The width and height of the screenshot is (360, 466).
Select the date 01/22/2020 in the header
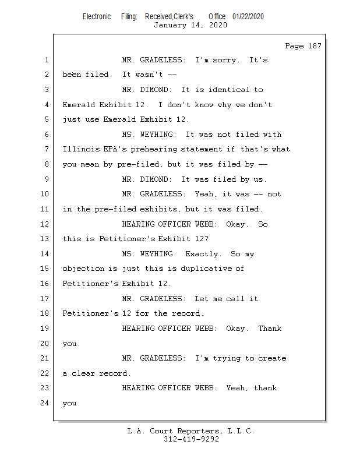[x=248, y=17]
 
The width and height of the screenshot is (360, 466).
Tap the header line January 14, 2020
[x=190, y=25]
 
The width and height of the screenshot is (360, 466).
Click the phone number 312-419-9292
[x=191, y=439]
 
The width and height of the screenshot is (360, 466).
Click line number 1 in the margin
[x=46, y=60]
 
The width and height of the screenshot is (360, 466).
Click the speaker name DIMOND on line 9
[x=157, y=179]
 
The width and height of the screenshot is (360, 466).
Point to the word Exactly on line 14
[x=203, y=254]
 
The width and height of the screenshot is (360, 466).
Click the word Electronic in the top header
[x=97, y=17]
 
